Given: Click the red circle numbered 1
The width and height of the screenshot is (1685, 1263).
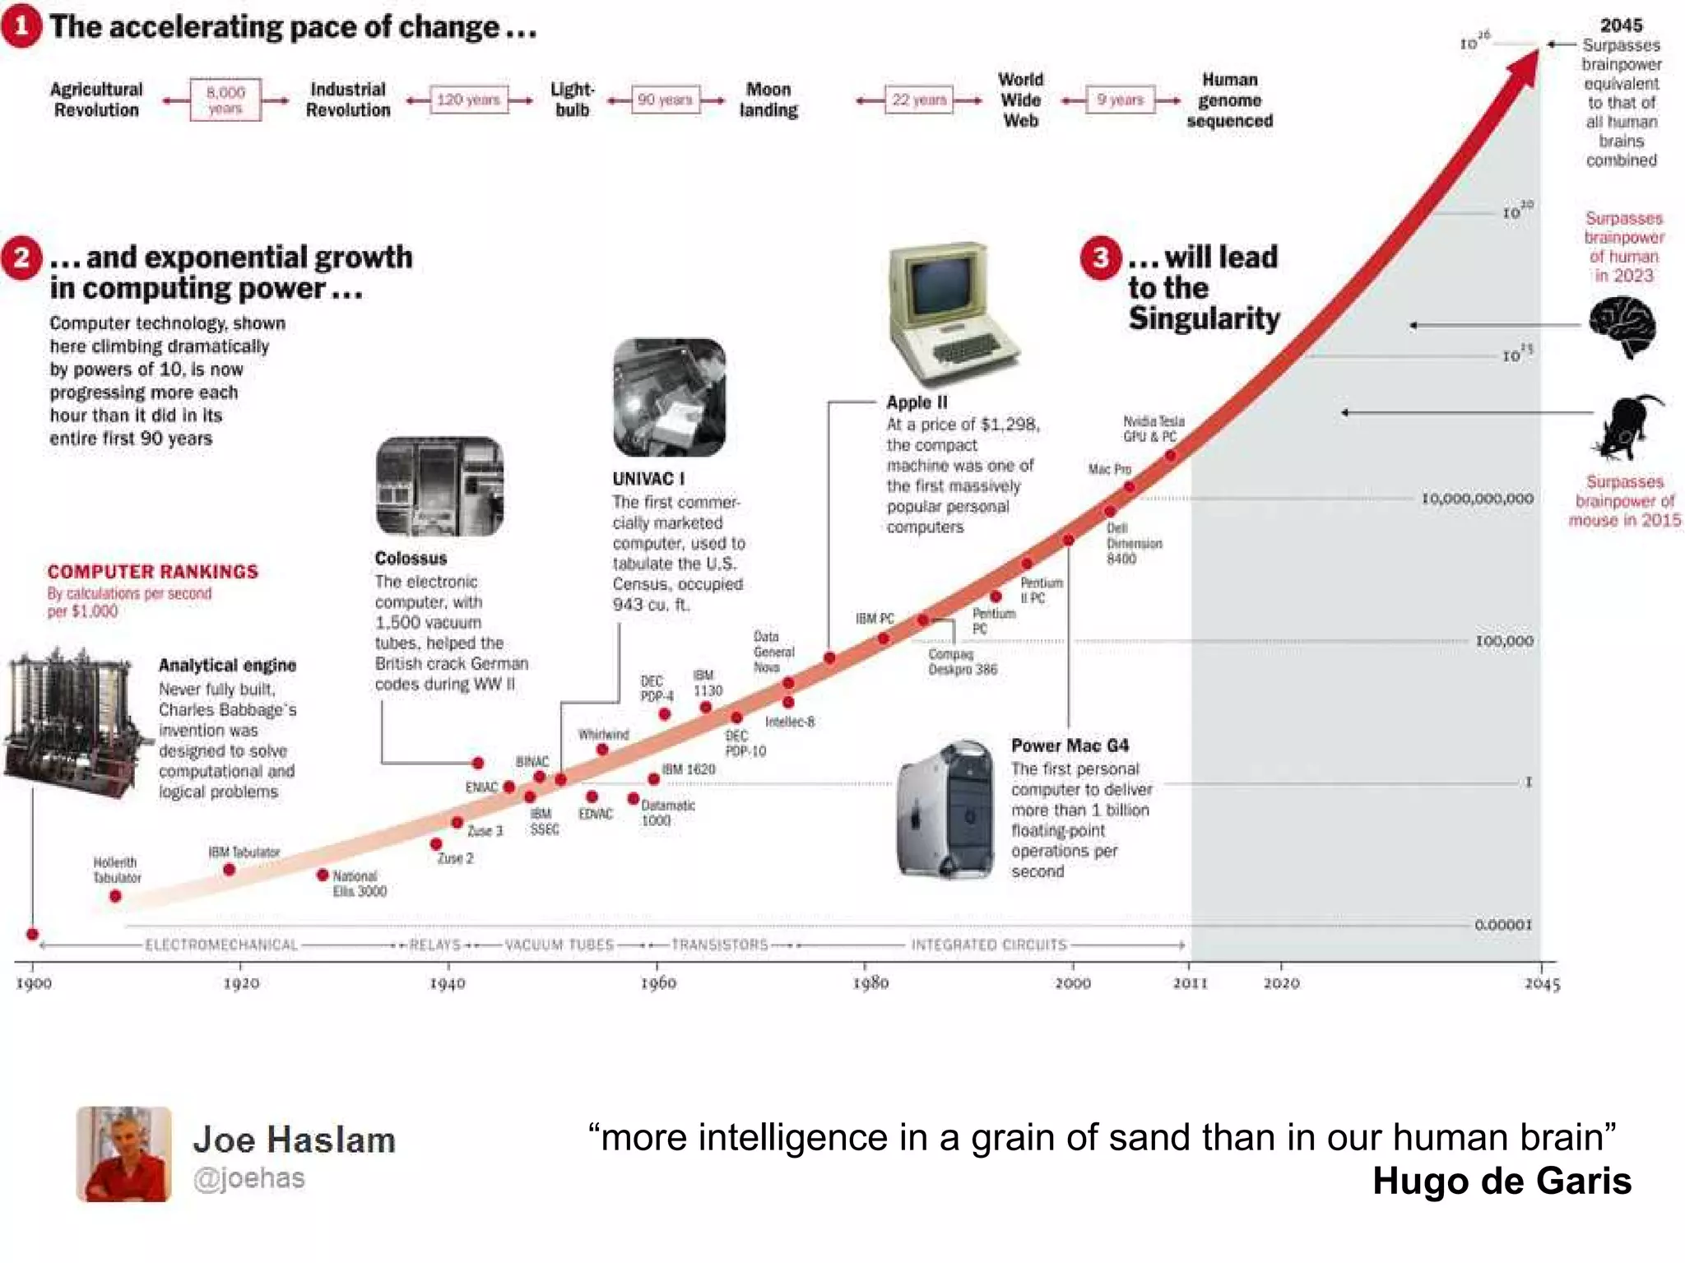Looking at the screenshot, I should click(21, 26).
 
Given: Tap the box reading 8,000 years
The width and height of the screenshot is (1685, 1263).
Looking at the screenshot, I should click(225, 100).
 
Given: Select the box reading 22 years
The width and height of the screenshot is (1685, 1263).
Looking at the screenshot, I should click(918, 100).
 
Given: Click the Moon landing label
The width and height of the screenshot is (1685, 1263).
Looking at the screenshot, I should click(768, 100).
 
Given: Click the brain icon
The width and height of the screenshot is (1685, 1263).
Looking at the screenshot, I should click(1622, 327).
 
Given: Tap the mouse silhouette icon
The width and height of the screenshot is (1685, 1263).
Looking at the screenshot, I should click(1627, 427).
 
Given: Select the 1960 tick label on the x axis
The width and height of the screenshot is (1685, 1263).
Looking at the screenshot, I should click(658, 983).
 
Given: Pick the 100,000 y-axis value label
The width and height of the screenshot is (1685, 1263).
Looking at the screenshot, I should click(1504, 641).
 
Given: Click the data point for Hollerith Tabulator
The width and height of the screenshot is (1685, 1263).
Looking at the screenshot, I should click(115, 896).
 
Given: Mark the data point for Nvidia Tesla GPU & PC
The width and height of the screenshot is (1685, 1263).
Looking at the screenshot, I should click(1170, 455).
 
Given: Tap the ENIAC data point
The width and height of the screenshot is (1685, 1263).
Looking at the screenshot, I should click(509, 787).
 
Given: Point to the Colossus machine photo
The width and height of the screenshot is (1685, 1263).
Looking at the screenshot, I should click(439, 486).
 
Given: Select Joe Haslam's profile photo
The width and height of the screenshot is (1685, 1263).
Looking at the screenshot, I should click(124, 1154).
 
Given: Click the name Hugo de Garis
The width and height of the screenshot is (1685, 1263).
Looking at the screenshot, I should click(1501, 1182).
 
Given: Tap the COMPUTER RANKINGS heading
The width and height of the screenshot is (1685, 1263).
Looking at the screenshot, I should click(152, 572).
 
